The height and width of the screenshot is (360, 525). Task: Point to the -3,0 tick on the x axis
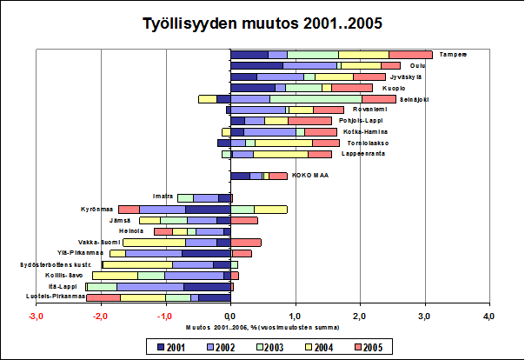[36, 315]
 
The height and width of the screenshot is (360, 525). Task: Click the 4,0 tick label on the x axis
[488, 315]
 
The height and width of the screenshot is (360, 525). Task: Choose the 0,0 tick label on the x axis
[230, 315]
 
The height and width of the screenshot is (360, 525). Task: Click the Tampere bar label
[453, 54]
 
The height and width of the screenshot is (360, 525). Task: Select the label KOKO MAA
[309, 175]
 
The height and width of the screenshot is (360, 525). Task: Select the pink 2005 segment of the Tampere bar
[410, 55]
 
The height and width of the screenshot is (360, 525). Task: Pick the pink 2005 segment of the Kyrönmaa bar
[129, 210]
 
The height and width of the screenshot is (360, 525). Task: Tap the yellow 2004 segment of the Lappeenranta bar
[280, 154]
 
